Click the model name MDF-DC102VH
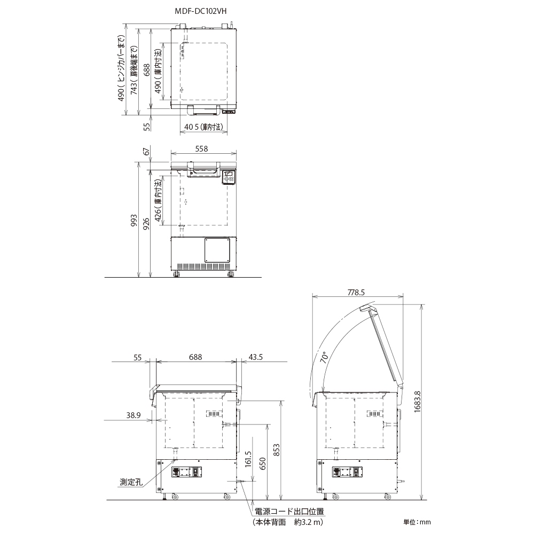[201, 11]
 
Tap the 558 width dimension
[201, 149]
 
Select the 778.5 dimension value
[356, 293]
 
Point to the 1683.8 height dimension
[418, 402]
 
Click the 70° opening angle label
[325, 357]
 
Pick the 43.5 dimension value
[255, 357]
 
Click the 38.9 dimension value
[133, 415]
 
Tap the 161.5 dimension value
[248, 459]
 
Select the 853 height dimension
[276, 450]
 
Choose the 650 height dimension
[262, 464]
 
